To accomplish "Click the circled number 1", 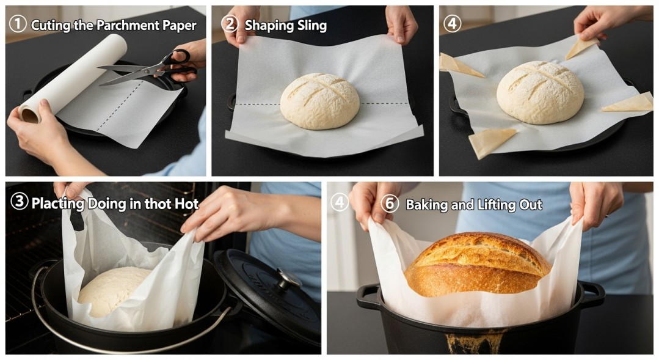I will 18,24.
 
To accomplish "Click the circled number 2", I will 230,24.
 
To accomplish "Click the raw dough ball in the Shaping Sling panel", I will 319,100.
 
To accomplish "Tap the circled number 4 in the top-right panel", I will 452,24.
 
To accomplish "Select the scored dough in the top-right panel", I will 539,92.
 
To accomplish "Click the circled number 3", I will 19,202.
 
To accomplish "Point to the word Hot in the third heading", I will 186,204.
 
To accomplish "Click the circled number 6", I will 389,204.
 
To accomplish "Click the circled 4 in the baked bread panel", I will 340,203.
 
